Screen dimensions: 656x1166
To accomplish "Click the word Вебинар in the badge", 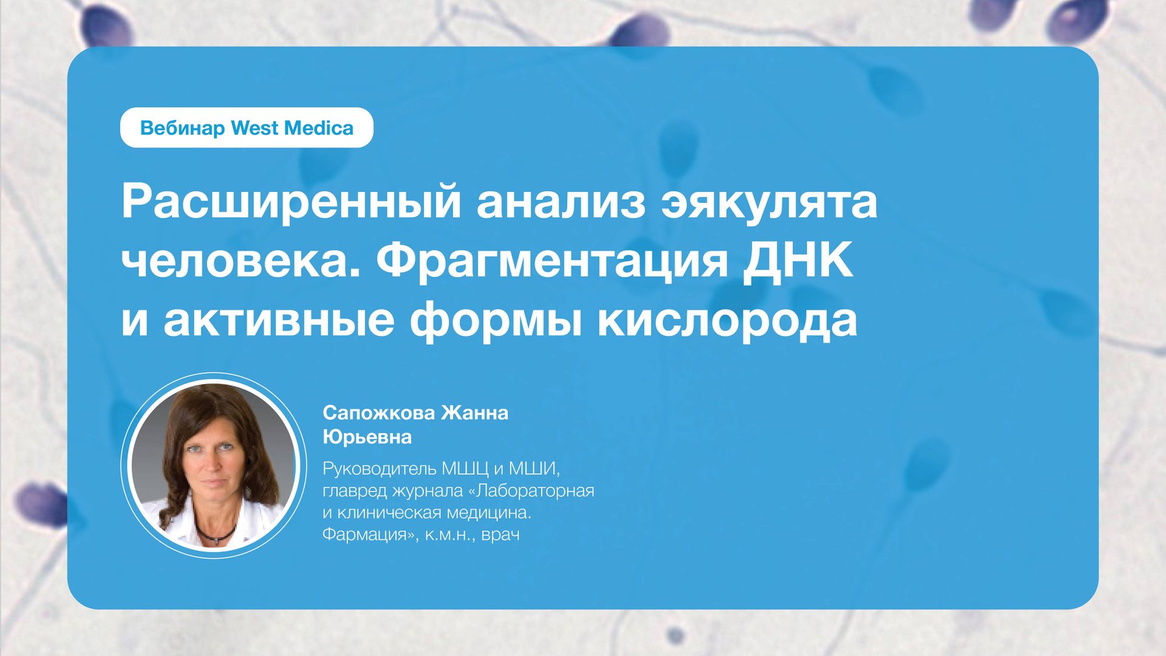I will [182, 128].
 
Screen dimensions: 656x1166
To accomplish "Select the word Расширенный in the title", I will [291, 202].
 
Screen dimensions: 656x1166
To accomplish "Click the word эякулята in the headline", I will [769, 202].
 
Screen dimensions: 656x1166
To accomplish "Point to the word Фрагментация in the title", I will [551, 261].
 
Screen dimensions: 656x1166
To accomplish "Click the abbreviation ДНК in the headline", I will [798, 261].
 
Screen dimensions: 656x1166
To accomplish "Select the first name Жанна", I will [475, 413].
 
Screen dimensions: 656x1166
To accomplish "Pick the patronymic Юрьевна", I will [367, 437].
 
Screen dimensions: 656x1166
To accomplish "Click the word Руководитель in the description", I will [379, 469].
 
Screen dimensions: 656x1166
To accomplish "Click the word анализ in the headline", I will [561, 202].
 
